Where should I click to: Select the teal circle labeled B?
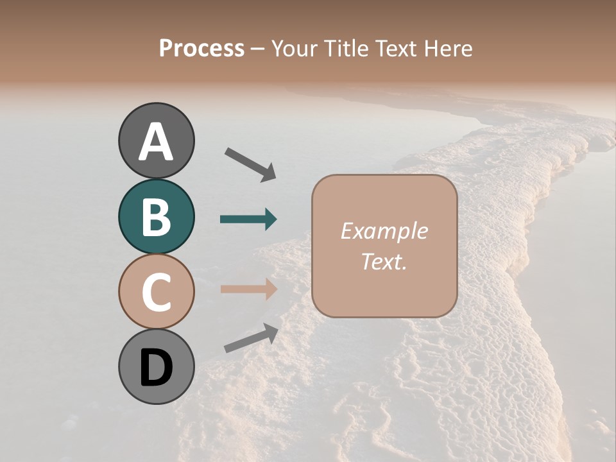pyautogui.click(x=157, y=216)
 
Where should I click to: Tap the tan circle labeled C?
pyautogui.click(x=157, y=291)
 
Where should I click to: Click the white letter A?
pyautogui.click(x=157, y=142)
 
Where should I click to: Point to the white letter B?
pyautogui.click(x=157, y=217)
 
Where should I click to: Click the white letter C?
pyautogui.click(x=157, y=292)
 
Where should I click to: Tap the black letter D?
pyautogui.click(x=157, y=368)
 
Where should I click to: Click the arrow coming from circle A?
pyautogui.click(x=250, y=164)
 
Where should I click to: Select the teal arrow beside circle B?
pyautogui.click(x=248, y=219)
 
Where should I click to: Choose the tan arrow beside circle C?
pyautogui.click(x=248, y=289)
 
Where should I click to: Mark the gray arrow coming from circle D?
pyautogui.click(x=251, y=339)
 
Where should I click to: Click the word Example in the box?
pyautogui.click(x=384, y=231)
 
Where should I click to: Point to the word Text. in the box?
pyautogui.click(x=384, y=261)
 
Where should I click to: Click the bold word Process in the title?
pyautogui.click(x=201, y=49)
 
